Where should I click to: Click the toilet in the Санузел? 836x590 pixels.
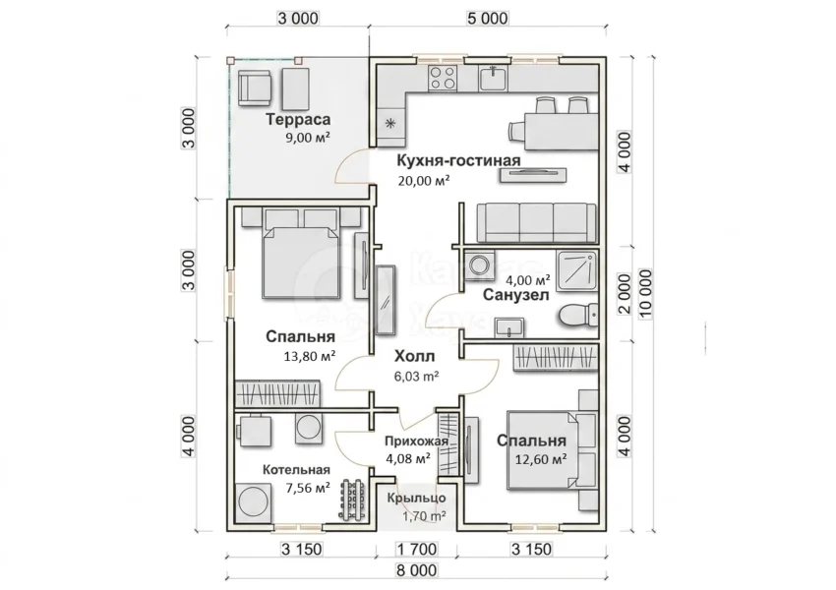point(578,315)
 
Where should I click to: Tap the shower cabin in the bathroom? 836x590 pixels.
point(577,270)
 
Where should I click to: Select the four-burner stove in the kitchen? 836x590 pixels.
point(443,78)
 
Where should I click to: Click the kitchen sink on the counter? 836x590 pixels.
point(493,78)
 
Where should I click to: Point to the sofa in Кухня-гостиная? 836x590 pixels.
point(536,223)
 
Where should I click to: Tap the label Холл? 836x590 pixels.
point(414,356)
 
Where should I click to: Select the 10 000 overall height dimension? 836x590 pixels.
point(645,294)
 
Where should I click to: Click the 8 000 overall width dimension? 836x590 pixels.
point(416,570)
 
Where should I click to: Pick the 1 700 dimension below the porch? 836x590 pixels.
point(416,549)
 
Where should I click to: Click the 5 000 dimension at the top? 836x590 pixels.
point(487,19)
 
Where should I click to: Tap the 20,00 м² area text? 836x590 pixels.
point(424,181)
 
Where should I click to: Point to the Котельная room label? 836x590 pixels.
point(296,470)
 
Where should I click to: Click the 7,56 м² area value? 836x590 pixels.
point(308,487)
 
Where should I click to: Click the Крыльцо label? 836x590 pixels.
point(416,499)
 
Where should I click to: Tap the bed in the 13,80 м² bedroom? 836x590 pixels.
point(301,261)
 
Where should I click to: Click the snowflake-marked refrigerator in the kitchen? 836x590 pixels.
point(390,124)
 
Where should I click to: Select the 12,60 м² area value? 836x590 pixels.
point(541,459)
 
